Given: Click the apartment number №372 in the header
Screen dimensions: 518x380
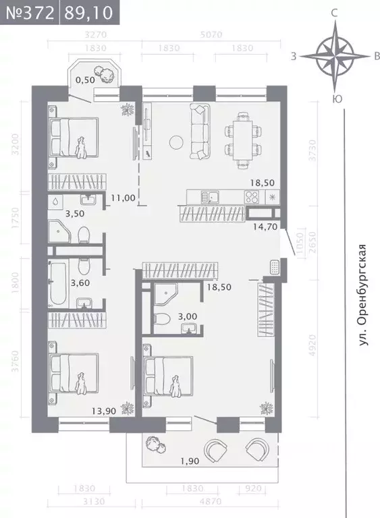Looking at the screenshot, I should click(x=30, y=12).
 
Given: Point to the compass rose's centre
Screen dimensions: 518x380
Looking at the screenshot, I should click(x=335, y=56).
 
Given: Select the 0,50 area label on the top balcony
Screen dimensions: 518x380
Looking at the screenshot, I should click(x=84, y=80).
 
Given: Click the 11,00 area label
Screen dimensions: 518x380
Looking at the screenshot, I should click(x=123, y=198).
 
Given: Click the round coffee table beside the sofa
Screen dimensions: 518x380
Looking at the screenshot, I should click(x=178, y=142).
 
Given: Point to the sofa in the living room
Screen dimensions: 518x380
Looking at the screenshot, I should click(x=200, y=132).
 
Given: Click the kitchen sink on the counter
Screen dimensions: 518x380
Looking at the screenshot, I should click(x=213, y=198).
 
